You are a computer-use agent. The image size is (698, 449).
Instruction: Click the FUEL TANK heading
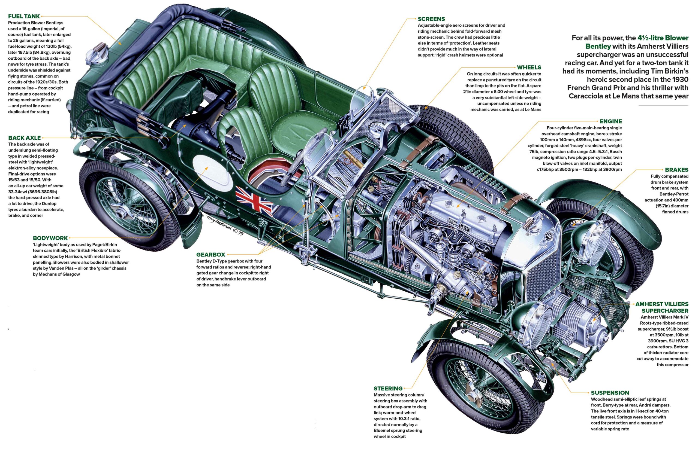24,16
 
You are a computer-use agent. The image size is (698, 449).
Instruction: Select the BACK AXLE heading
24,138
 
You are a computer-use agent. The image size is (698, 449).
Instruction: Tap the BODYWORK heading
50,238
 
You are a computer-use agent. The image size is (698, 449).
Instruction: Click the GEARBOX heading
210,255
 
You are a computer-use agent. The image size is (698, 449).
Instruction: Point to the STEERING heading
388,388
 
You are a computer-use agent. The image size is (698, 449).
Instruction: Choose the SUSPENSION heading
610,393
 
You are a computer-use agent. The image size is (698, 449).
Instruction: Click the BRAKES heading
676,170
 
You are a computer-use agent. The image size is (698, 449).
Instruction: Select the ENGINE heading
611,121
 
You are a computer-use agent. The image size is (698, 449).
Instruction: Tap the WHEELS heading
529,67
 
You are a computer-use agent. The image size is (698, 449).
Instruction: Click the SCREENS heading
431,19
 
